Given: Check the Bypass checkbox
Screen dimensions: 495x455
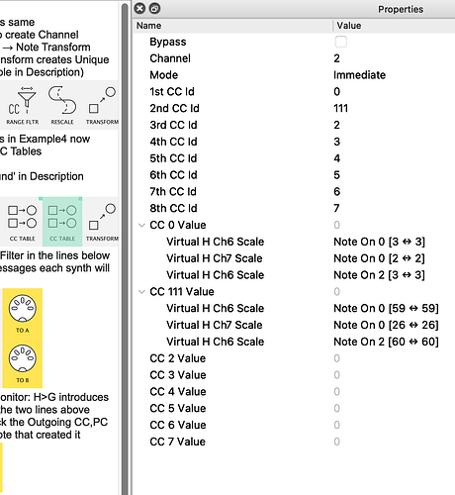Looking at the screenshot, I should tap(341, 42).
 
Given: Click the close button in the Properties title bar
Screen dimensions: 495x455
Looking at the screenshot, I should tap(140, 9).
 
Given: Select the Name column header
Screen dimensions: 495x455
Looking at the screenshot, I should tap(148, 26).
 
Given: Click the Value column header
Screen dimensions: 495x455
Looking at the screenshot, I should tap(349, 26).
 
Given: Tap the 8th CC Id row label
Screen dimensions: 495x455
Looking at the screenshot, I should tap(173, 208).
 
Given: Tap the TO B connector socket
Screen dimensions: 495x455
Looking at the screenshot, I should tap(21, 357).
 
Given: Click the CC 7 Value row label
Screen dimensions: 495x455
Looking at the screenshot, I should tap(178, 441).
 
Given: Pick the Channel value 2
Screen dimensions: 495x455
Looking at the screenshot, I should tap(338, 58).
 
